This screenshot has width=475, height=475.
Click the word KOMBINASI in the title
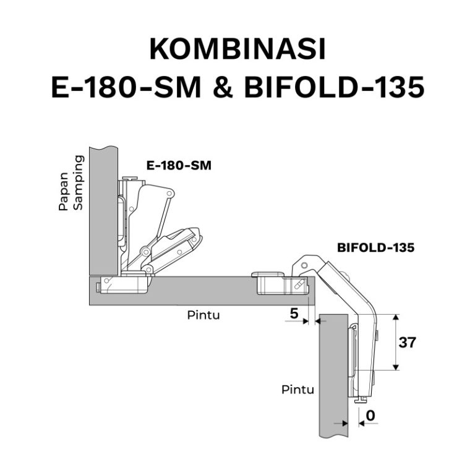[237, 50]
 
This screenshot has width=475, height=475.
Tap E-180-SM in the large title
[124, 88]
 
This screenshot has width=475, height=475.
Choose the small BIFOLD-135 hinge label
[375, 247]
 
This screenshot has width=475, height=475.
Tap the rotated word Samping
[78, 183]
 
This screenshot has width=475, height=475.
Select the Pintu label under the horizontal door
[203, 315]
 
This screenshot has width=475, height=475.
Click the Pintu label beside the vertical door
[297, 390]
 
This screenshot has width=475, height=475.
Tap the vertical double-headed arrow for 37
[395, 342]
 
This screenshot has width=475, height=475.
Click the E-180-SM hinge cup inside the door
[124, 285]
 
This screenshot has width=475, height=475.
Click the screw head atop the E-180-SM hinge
[129, 179]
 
